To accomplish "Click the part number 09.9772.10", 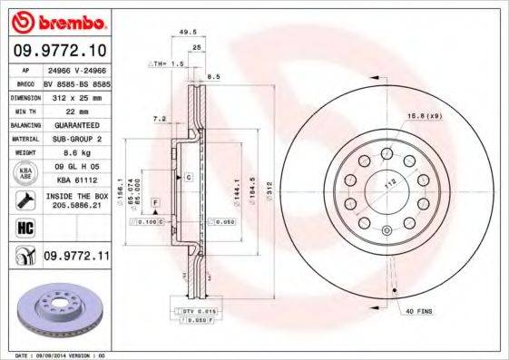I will pos(60,51).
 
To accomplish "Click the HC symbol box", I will pos(24,228).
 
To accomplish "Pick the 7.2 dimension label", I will pos(160,119).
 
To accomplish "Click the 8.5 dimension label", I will pos(214,77).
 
